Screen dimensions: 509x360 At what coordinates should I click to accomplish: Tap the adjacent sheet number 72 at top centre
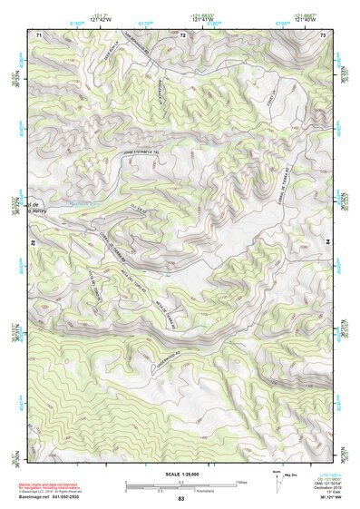point(182,34)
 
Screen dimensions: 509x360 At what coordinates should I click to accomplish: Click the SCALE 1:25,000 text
point(180,474)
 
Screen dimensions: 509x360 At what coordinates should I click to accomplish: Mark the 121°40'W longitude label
point(306,18)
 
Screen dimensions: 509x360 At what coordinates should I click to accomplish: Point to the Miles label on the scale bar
point(239,482)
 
